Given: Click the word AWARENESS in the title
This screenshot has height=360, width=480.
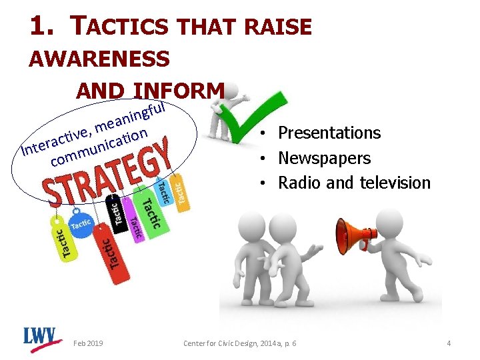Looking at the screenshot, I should coord(99,59).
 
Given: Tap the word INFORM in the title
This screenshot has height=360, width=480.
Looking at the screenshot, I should coord(179,90).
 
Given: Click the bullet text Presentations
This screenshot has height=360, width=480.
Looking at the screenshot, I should coord(329,133).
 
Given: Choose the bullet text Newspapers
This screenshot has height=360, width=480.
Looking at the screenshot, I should coord(324,158).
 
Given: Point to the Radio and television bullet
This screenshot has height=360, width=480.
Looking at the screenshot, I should coord(354,183).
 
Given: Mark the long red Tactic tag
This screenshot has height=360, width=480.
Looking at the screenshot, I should coord(110,253).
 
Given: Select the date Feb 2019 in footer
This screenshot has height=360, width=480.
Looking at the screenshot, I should coord(89,343).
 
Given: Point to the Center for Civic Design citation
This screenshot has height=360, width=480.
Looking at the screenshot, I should coord(240,343).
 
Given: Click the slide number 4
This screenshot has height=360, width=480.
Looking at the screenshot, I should coord(449,343).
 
